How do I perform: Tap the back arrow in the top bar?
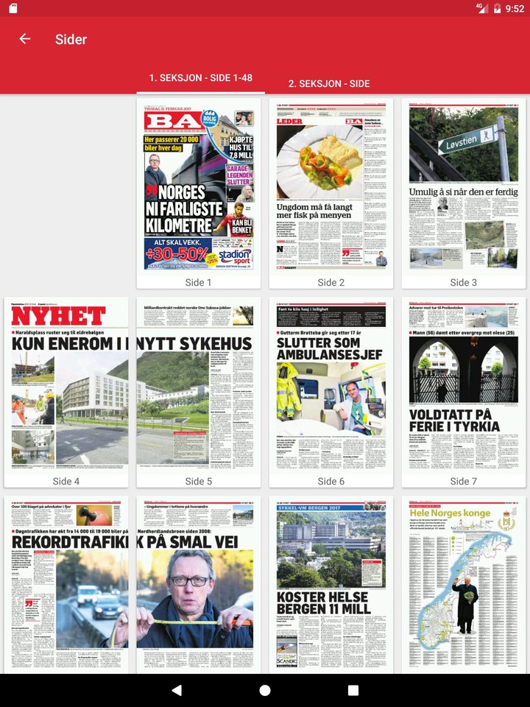coord(25,39)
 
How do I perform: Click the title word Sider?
coord(71,40)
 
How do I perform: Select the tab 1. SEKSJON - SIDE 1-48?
coord(200,78)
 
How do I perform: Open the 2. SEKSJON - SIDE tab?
coord(328,84)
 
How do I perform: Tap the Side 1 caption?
coord(198,282)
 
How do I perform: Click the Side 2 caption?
coord(331,282)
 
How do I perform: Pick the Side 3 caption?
coord(464,282)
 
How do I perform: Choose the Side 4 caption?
coord(66,481)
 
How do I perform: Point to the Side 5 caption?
coord(198,481)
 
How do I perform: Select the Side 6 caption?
coord(331,481)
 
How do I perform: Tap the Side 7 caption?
coord(464,481)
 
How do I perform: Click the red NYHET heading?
coord(59,317)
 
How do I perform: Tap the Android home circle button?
coord(265,690)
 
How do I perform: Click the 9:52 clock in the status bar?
coord(515,8)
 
